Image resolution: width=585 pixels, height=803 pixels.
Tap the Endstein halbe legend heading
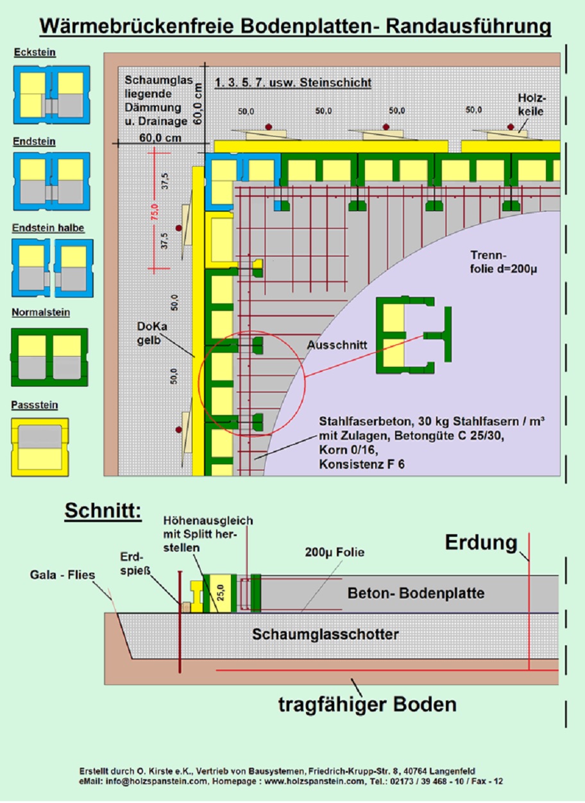(48, 228)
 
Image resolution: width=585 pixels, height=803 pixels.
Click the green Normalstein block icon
(50, 357)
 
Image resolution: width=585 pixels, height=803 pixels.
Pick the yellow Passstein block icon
(40, 446)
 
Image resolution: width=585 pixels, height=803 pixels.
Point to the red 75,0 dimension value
(153, 210)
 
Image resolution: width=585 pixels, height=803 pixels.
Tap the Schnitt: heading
(103, 512)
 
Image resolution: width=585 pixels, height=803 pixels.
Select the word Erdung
(481, 543)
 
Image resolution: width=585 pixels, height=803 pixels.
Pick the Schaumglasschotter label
(325, 634)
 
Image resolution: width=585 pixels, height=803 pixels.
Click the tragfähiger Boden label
(367, 704)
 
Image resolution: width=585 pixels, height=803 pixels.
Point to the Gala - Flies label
(62, 575)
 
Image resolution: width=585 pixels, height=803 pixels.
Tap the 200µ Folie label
(335, 552)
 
